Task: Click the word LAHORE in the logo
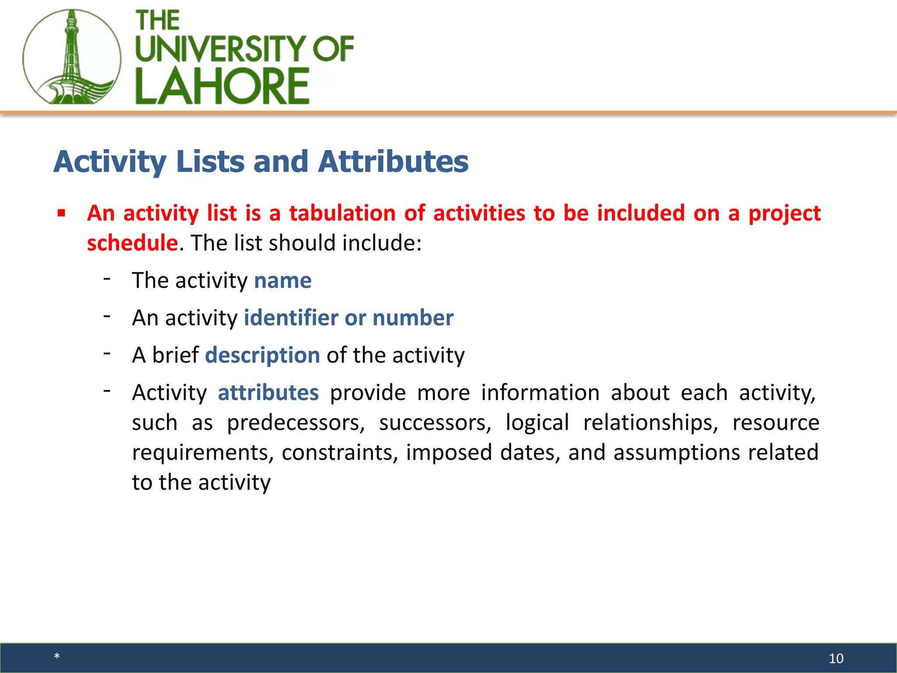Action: click(x=222, y=86)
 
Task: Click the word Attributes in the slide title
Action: click(x=393, y=162)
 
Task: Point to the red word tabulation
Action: click(x=343, y=213)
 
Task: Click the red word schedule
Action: click(x=132, y=243)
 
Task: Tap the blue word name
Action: click(x=283, y=280)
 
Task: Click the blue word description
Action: click(x=262, y=355)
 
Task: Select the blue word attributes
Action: click(x=268, y=393)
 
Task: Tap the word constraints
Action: click(x=339, y=453)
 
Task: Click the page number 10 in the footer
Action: click(x=836, y=658)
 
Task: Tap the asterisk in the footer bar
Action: click(x=57, y=656)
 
